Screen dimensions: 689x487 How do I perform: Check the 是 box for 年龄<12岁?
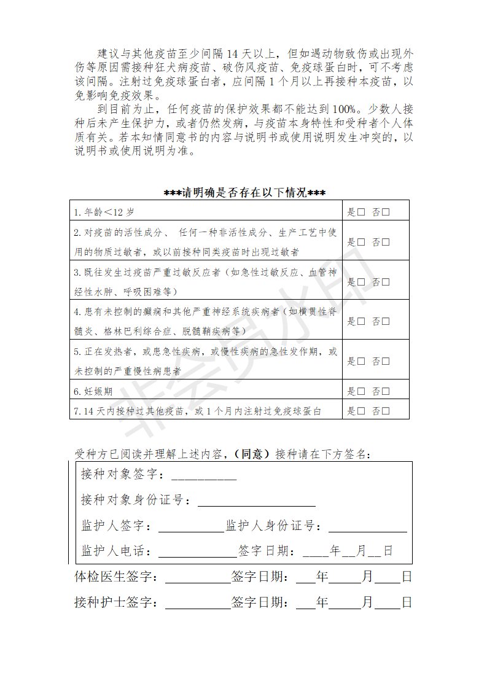coord(361,212)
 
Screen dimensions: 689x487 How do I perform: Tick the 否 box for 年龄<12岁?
coord(386,212)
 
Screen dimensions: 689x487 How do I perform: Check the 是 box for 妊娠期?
coord(361,391)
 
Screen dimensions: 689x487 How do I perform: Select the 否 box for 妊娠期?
coord(386,391)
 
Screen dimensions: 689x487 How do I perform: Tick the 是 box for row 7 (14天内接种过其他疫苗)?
coord(361,410)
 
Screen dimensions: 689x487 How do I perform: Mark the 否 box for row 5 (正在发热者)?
coord(386,361)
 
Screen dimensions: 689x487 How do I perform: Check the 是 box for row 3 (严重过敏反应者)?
coord(361,282)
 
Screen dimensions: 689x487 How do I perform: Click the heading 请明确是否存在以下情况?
coord(244,193)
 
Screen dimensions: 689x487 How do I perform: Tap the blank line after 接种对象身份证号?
coord(256,502)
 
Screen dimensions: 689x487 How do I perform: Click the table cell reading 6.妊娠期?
coord(93,391)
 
